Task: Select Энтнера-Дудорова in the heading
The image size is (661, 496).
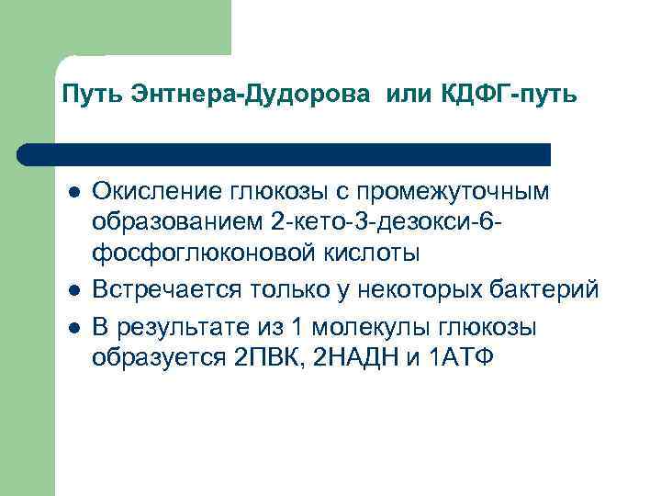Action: (242, 95)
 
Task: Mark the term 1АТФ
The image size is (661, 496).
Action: (461, 356)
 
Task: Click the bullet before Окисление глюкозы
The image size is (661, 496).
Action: (73, 192)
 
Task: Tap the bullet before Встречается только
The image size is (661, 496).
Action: (73, 291)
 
